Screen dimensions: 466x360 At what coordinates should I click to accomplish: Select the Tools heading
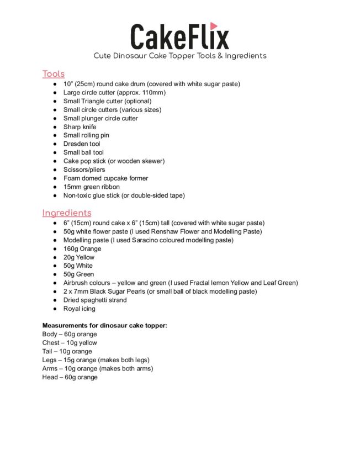pos(54,74)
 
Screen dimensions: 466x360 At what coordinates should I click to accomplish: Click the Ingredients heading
pos(67,213)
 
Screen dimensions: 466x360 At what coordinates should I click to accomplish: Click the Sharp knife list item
pos(80,127)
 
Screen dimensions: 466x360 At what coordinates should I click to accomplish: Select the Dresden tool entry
pos(82,144)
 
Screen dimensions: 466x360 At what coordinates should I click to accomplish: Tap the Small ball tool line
pos(83,152)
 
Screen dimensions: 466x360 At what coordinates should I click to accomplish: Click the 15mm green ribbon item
pos(91,187)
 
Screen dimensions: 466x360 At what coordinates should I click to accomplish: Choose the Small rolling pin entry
pos(86,135)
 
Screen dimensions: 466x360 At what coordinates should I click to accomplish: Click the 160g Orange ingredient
pos(82,249)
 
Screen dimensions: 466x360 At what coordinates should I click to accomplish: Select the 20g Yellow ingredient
pos(79,257)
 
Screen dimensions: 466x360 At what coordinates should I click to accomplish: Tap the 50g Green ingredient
pos(79,274)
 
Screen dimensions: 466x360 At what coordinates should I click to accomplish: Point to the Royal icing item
pos(80,309)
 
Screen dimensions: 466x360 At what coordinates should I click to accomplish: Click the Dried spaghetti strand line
pos(95,300)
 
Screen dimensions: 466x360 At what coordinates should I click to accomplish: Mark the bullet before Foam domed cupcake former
pos(55,178)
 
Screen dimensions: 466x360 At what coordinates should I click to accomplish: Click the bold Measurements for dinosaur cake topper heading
pos(105,326)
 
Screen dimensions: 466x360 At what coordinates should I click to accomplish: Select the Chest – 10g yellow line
pos(70,343)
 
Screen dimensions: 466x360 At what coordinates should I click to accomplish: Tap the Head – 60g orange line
pos(70,377)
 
